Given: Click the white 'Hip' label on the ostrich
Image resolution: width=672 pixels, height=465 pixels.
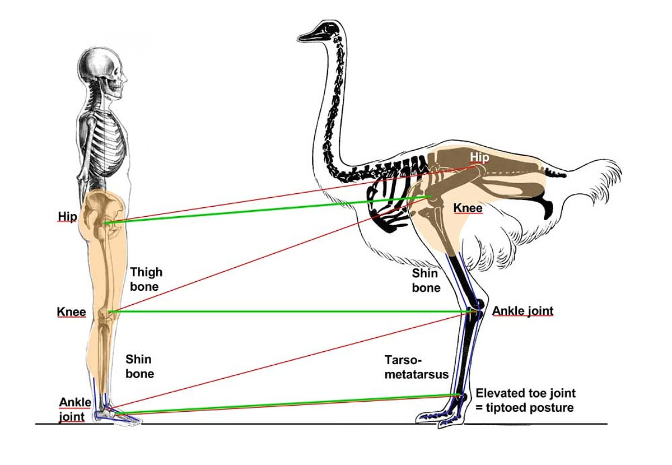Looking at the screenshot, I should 479,157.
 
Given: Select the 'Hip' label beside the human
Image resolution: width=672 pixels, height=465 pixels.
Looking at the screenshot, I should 67,216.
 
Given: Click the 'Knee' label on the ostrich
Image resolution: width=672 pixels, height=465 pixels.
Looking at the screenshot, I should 468,208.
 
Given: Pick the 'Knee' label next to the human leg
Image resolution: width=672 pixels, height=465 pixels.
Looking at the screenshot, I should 71,312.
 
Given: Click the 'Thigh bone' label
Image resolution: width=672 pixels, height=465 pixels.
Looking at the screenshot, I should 146,279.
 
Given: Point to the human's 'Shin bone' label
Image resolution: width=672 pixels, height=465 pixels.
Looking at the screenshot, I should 139,366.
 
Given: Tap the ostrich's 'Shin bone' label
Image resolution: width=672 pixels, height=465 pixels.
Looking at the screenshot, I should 426,280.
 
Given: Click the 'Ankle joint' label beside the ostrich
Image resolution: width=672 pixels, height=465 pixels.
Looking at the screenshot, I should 522,311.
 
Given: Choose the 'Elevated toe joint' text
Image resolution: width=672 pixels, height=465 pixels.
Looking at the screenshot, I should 525,393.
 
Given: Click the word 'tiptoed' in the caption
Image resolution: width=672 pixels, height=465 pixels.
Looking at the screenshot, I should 508,408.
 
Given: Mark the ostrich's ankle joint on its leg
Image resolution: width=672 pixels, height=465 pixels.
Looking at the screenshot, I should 476,311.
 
